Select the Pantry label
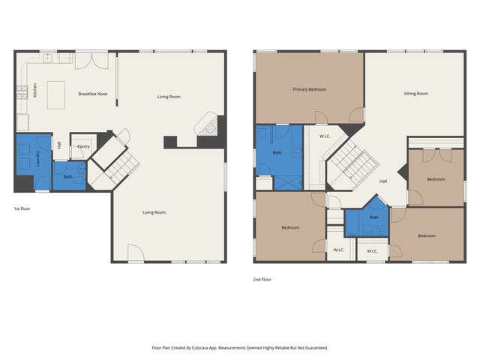(83, 146)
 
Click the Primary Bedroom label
(309, 89)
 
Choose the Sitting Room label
(415, 94)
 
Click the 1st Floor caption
(23, 208)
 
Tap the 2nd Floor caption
(262, 279)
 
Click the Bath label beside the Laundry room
(67, 176)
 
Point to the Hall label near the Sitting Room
(382, 181)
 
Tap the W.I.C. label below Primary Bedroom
(325, 136)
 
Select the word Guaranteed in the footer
(313, 348)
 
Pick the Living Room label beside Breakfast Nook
(169, 97)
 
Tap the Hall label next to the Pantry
(59, 145)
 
